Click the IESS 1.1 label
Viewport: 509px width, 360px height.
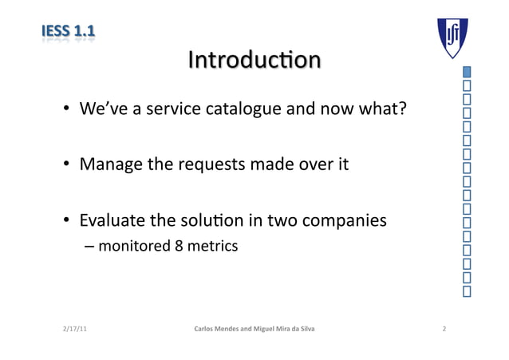point(68,33)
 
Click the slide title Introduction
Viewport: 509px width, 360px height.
point(254,61)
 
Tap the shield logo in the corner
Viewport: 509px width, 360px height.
point(452,38)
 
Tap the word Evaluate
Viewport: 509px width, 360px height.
point(112,220)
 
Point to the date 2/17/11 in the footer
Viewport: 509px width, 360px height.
point(74,329)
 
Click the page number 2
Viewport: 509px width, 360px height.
point(444,329)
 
